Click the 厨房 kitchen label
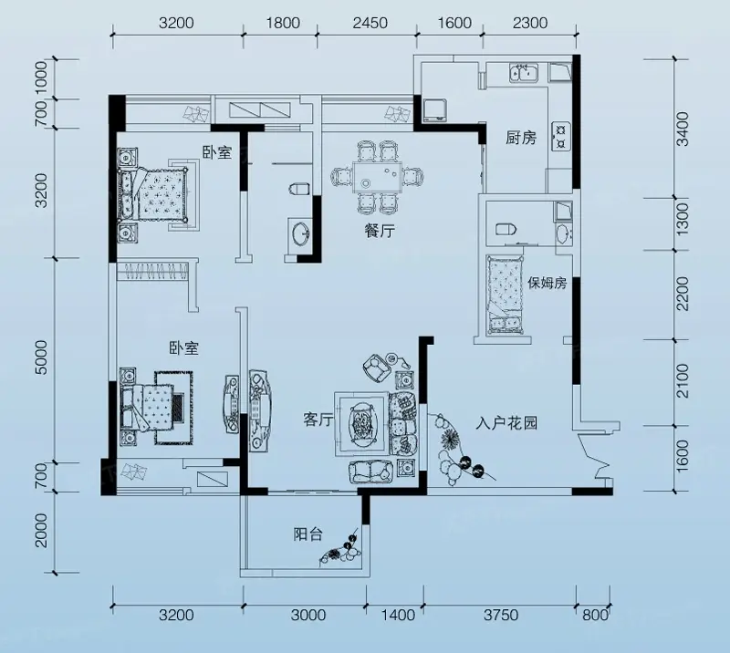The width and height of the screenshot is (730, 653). pos(521,138)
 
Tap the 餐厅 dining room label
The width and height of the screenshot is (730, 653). pos(380,231)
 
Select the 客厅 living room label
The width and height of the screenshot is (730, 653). pos(318,420)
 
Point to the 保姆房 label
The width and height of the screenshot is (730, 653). pos(547,283)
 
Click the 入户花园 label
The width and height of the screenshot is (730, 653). pos(506,422)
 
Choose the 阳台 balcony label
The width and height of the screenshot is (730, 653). pos(308,534)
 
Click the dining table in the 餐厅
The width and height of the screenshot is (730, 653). pos(378,177)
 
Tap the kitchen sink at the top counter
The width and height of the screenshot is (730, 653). pos(524,73)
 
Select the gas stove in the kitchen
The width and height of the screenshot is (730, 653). pos(560,136)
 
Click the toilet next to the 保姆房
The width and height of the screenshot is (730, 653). pos(506,229)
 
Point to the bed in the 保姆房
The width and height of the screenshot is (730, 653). pos(504,295)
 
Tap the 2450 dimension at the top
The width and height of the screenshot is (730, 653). pos(370,23)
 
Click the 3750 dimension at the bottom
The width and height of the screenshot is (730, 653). pos(500,616)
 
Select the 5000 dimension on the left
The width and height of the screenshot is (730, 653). pos(41,358)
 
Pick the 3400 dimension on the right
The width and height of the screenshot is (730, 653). pos(682,129)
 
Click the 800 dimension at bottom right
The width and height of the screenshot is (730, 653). pos(595,616)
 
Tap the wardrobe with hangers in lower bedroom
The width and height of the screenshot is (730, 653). pos(152,271)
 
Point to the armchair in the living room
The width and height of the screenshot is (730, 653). pos(376,367)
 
